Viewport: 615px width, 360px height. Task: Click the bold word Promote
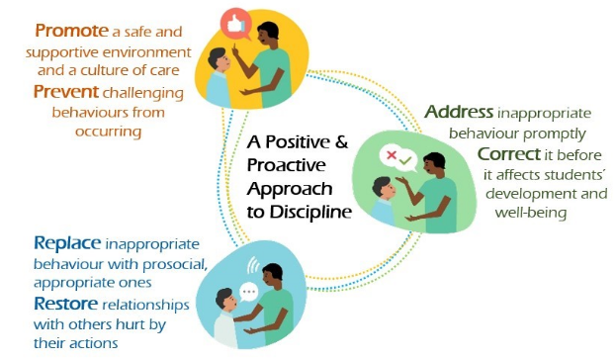tap(71, 31)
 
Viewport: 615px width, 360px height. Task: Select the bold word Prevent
tap(66, 92)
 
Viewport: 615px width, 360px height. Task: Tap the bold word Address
tap(459, 112)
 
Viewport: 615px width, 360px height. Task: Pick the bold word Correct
tap(509, 153)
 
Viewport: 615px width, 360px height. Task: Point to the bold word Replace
tap(67, 243)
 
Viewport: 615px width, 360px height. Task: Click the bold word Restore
tap(65, 304)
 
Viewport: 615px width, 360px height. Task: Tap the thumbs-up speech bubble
tap(235, 25)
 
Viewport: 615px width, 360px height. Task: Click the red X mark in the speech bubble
tap(391, 155)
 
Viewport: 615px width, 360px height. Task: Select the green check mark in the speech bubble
tap(405, 160)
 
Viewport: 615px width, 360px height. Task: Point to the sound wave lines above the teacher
tap(253, 266)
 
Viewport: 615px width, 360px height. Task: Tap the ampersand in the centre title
tap(342, 141)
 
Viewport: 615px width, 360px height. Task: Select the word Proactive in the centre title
tap(287, 165)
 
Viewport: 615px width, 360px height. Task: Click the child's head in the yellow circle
tap(219, 60)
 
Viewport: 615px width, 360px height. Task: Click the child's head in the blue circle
tap(225, 301)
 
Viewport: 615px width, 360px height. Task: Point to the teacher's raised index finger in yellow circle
tap(234, 48)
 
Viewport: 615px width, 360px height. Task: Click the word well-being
tap(531, 213)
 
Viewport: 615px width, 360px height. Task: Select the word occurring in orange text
tap(108, 132)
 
